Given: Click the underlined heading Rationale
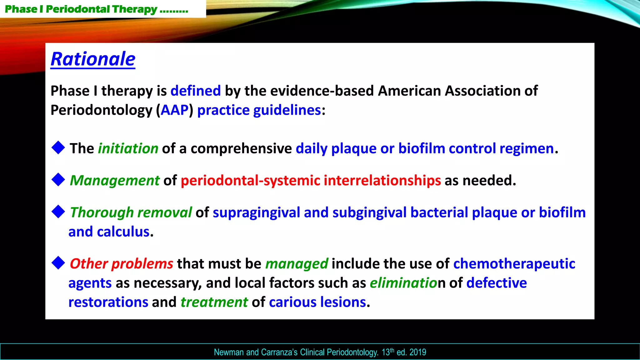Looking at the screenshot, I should point(93,59).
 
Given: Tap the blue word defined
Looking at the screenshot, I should point(196,91).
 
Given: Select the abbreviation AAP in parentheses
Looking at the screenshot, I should point(175,110).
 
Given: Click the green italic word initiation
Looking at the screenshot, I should point(128,148).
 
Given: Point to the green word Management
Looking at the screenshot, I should point(115,181).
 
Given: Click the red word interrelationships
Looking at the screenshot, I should point(382,181).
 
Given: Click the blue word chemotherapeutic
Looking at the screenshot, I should point(514,264).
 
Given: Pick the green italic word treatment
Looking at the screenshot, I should point(214,302).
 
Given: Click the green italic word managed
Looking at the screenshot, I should point(297,264).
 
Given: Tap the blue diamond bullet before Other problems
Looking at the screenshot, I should point(58,263).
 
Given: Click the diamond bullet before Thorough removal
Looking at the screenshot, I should point(58,212).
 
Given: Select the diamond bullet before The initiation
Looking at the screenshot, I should point(58,147).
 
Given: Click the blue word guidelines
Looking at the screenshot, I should point(287,110).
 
